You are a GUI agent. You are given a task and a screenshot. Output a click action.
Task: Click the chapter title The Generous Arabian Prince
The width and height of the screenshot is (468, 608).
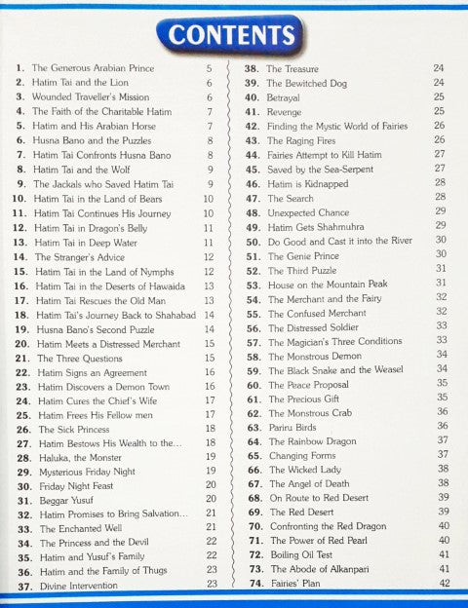click(93, 69)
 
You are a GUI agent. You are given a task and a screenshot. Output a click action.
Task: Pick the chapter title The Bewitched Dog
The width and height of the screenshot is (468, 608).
click(309, 83)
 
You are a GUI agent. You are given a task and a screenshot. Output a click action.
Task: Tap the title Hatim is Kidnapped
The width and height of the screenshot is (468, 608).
click(308, 183)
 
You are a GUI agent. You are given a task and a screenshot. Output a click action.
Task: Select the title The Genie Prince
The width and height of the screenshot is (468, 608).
click(304, 254)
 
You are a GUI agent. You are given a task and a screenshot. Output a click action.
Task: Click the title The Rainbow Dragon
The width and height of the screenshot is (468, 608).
click(314, 440)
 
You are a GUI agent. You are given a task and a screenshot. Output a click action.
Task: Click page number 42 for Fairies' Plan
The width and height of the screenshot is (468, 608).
click(444, 583)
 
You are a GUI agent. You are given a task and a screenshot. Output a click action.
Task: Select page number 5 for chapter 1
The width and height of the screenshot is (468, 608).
click(209, 69)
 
